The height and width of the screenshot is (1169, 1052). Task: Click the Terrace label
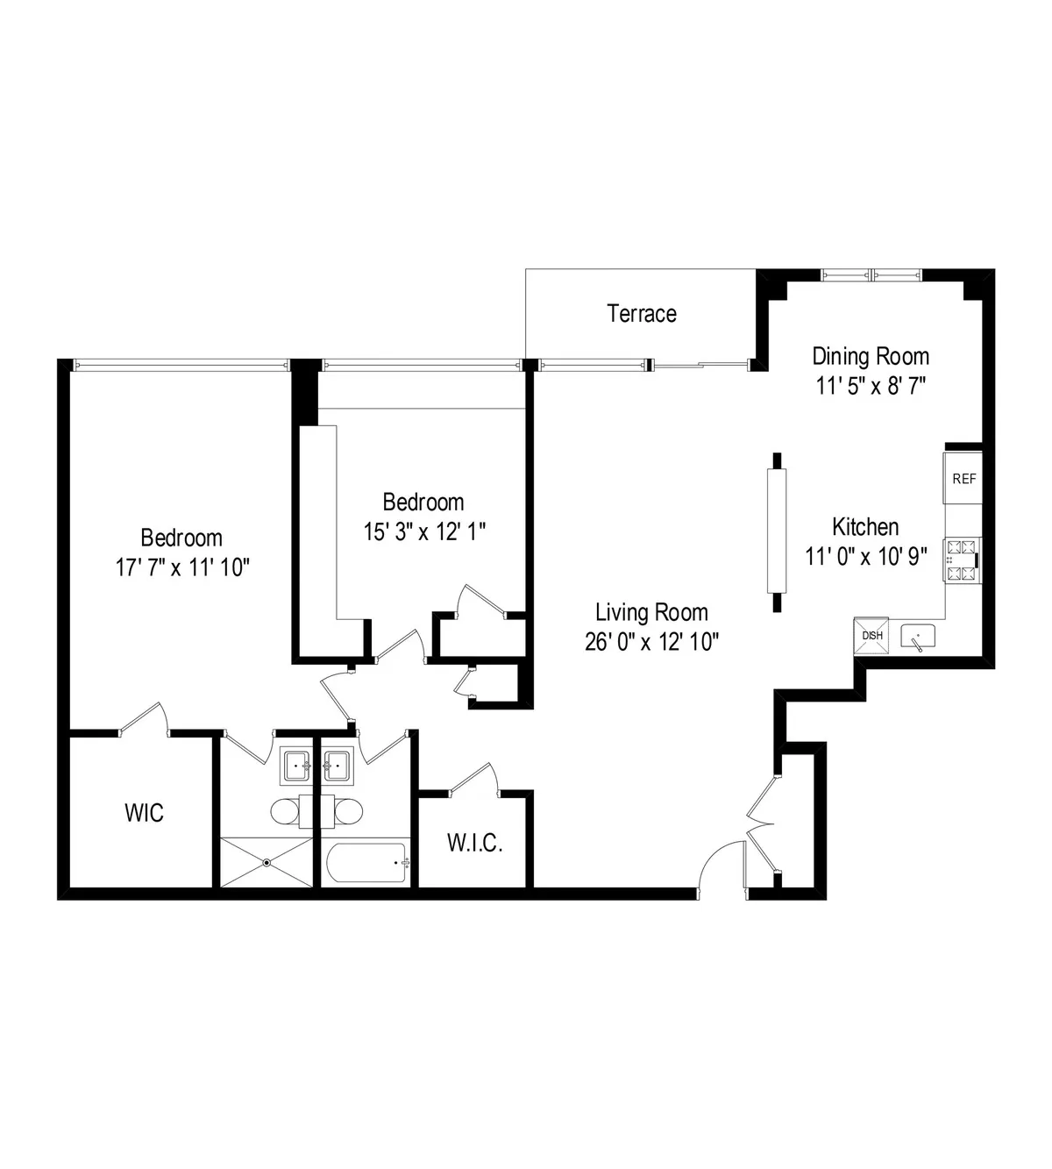pyautogui.click(x=642, y=313)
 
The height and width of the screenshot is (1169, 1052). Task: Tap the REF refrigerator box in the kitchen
pyautogui.click(x=963, y=479)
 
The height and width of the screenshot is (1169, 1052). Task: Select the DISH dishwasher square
pyautogui.click(x=872, y=636)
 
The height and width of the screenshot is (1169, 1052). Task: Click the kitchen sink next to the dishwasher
pyautogui.click(x=917, y=637)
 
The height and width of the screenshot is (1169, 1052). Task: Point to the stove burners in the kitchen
pyautogui.click(x=961, y=560)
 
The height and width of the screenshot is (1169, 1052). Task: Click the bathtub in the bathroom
pyautogui.click(x=366, y=863)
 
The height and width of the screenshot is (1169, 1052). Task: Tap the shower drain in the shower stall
pyautogui.click(x=267, y=863)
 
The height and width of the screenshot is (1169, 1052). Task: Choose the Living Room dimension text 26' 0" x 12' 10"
pyautogui.click(x=651, y=642)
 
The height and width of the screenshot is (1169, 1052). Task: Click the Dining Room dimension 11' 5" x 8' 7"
pyautogui.click(x=871, y=386)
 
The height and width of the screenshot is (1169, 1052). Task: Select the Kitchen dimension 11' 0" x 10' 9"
pyautogui.click(x=865, y=556)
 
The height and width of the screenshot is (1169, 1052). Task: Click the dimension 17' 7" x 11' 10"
pyautogui.click(x=183, y=567)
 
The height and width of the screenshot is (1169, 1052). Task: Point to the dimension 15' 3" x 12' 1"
pyautogui.click(x=424, y=531)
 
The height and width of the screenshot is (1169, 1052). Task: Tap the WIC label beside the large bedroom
pyautogui.click(x=144, y=812)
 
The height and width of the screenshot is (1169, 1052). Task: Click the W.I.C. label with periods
pyautogui.click(x=474, y=844)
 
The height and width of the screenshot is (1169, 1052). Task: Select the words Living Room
pyautogui.click(x=651, y=612)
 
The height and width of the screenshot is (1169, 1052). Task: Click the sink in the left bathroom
pyautogui.click(x=296, y=766)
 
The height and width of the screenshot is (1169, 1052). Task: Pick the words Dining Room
pyautogui.click(x=871, y=356)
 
